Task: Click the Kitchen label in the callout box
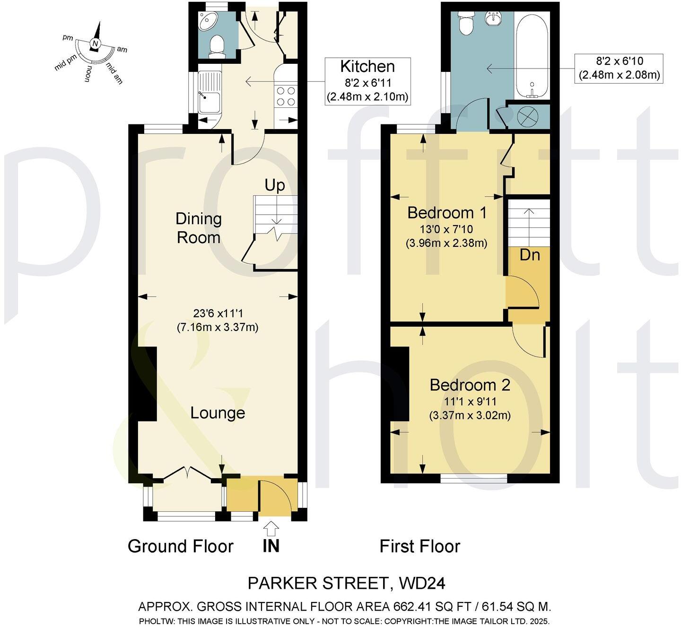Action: click(367, 66)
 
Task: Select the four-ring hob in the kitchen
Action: click(286, 96)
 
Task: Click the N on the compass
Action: click(96, 44)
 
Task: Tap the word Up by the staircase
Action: click(275, 185)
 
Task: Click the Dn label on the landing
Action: click(530, 255)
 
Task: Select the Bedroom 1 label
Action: click(447, 213)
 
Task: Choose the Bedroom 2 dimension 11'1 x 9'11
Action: click(470, 402)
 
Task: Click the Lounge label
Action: click(218, 413)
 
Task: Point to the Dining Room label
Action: click(199, 227)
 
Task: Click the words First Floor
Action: click(419, 546)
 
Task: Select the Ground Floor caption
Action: click(181, 546)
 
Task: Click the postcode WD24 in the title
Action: click(422, 584)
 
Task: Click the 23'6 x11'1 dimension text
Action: click(218, 313)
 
